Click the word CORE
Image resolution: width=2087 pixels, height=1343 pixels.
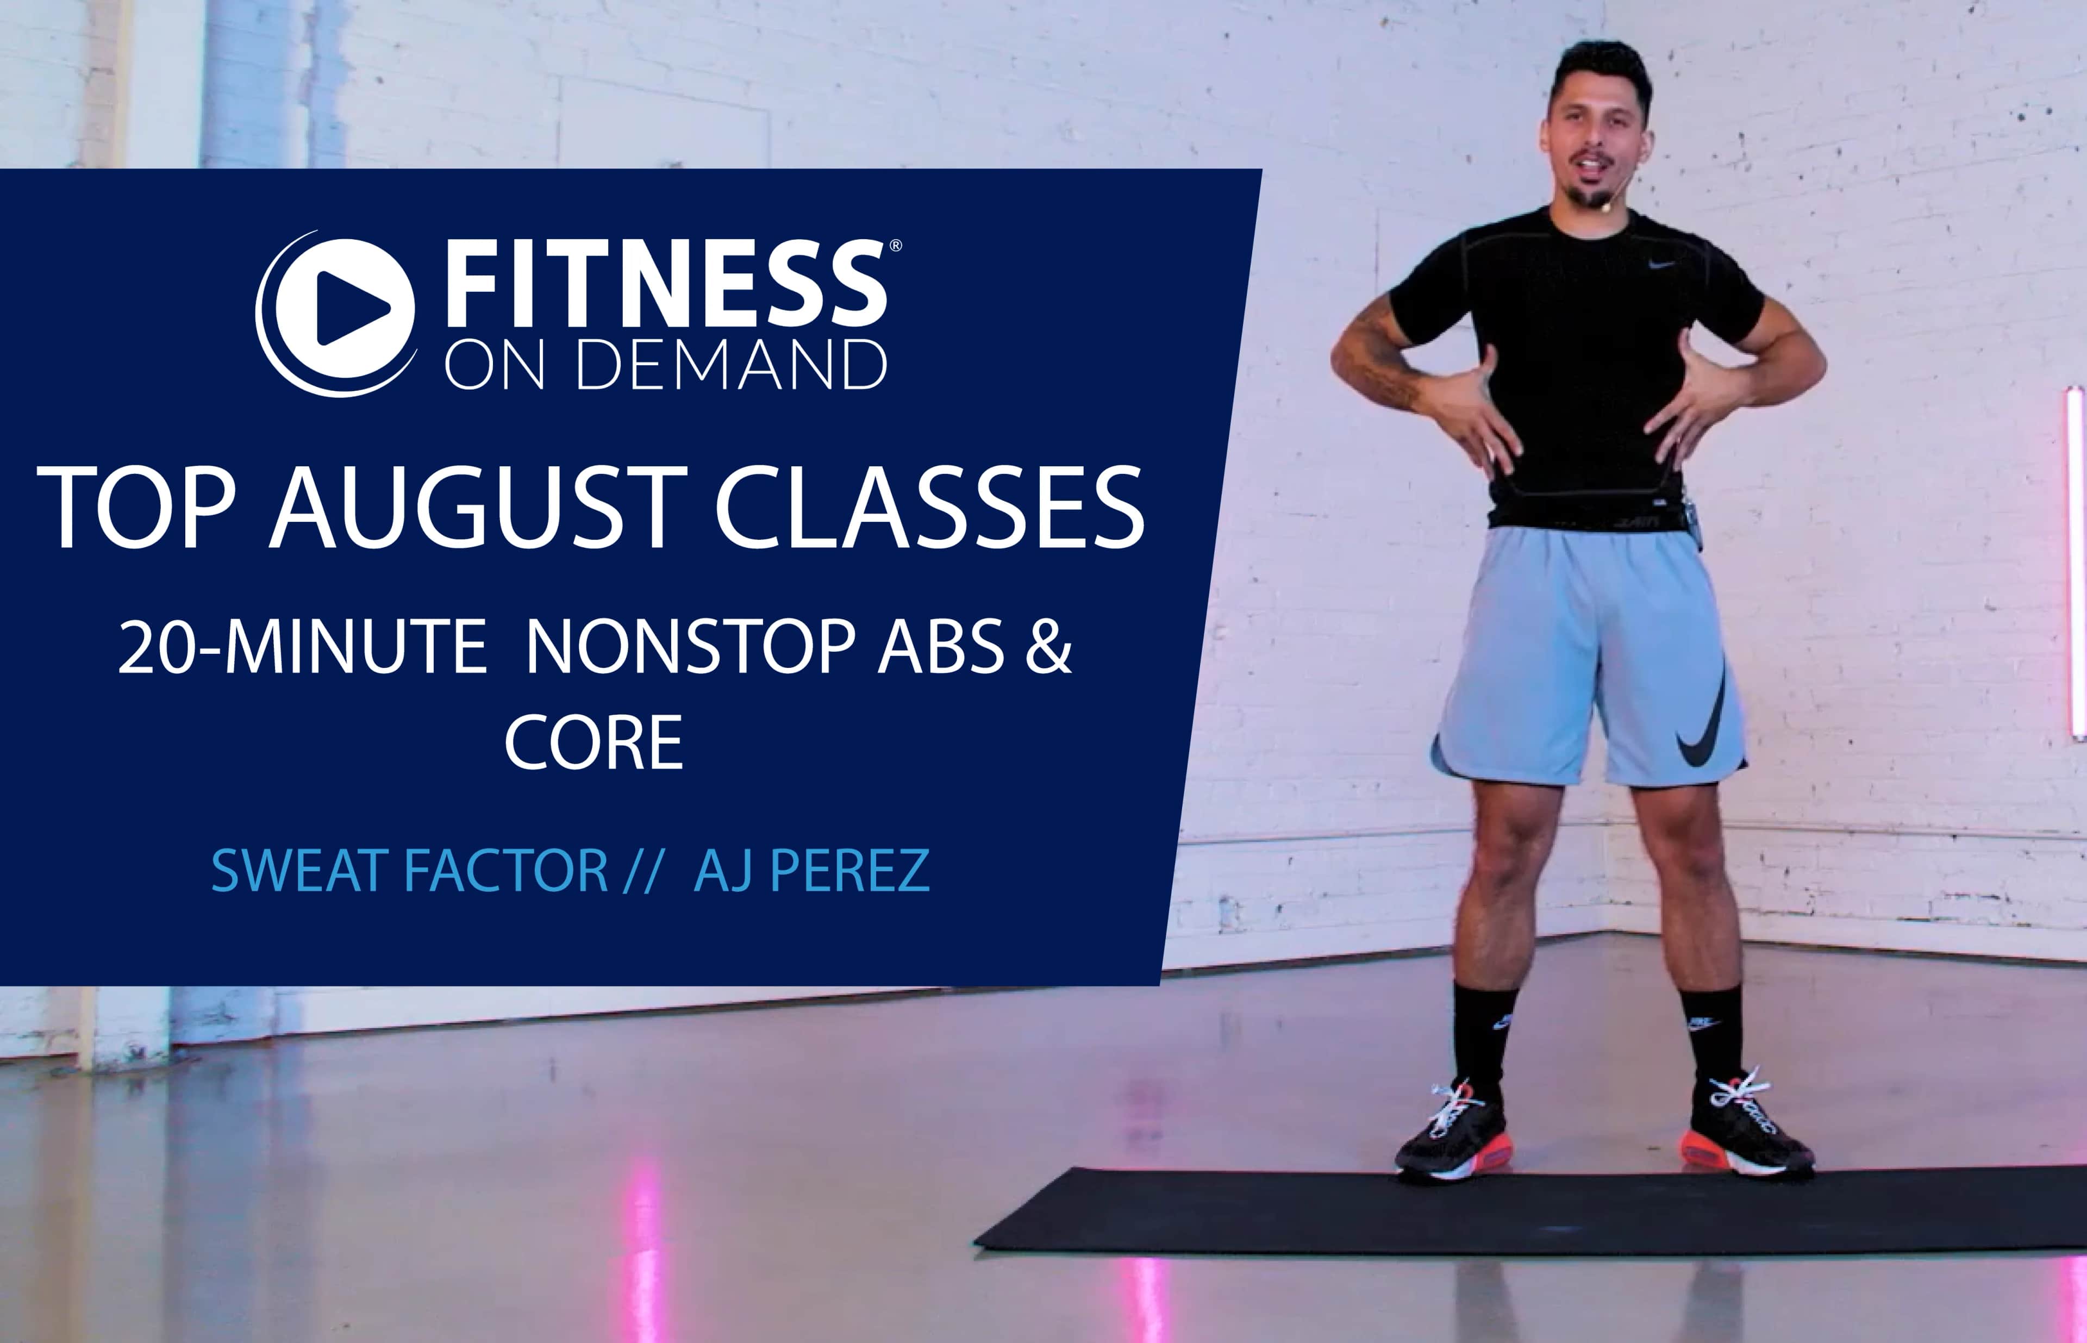coord(594,743)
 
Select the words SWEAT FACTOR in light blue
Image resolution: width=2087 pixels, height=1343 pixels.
coord(410,870)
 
